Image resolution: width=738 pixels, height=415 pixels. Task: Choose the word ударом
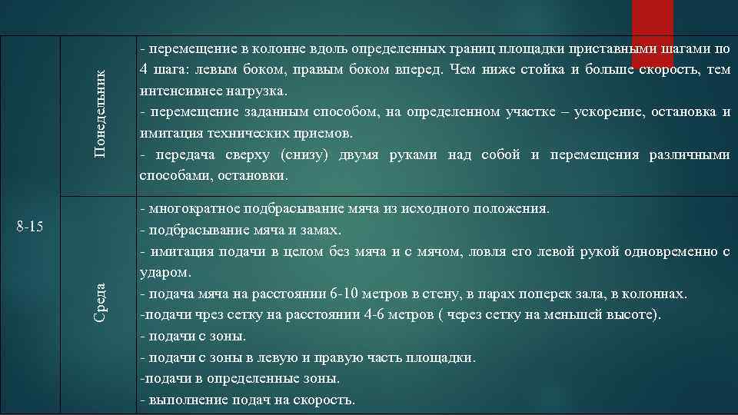pyautogui.click(x=165, y=273)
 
